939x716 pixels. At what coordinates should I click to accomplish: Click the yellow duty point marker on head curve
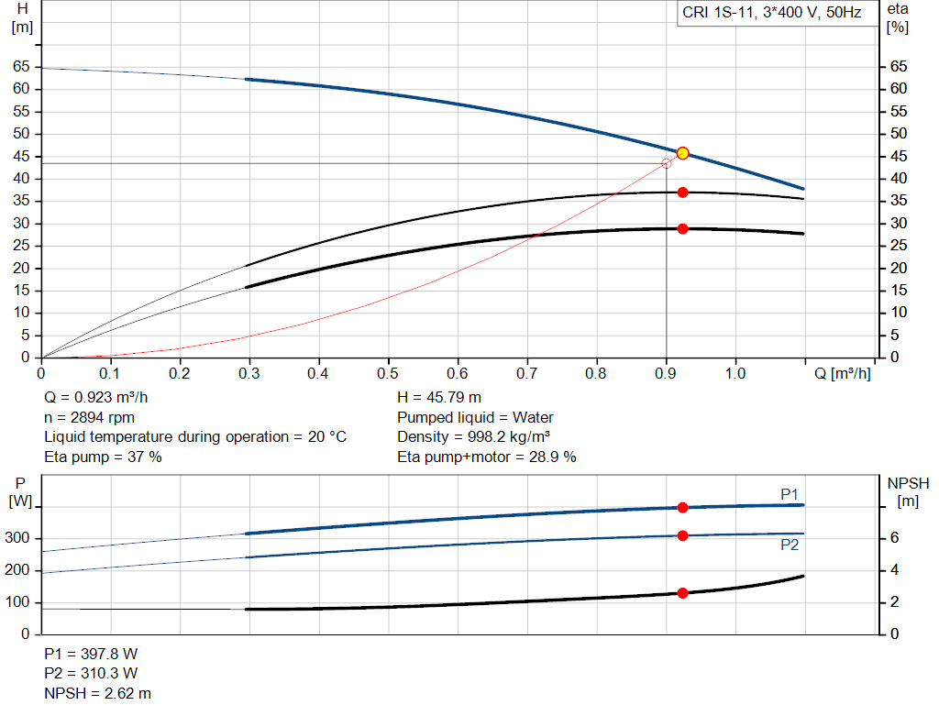click(682, 153)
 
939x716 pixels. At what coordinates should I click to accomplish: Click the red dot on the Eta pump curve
click(682, 193)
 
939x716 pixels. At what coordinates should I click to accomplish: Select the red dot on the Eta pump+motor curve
click(682, 228)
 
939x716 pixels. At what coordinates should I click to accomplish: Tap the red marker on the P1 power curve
click(682, 507)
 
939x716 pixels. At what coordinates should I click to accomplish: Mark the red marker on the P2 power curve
click(682, 535)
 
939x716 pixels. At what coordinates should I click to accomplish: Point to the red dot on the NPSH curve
click(682, 593)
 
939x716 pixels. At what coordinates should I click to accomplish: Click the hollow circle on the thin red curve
click(666, 163)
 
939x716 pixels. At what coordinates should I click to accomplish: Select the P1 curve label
click(790, 494)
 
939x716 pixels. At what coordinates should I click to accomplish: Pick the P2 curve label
click(790, 545)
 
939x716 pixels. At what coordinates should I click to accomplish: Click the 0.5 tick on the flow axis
click(388, 373)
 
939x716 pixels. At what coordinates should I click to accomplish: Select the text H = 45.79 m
click(438, 398)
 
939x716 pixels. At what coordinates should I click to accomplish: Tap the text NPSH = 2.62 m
click(97, 693)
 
